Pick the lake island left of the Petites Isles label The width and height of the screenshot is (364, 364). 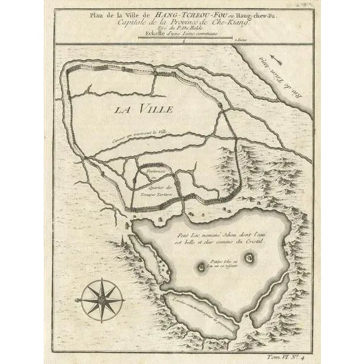click(x=201, y=266)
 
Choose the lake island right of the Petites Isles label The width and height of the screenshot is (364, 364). click(x=248, y=258)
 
